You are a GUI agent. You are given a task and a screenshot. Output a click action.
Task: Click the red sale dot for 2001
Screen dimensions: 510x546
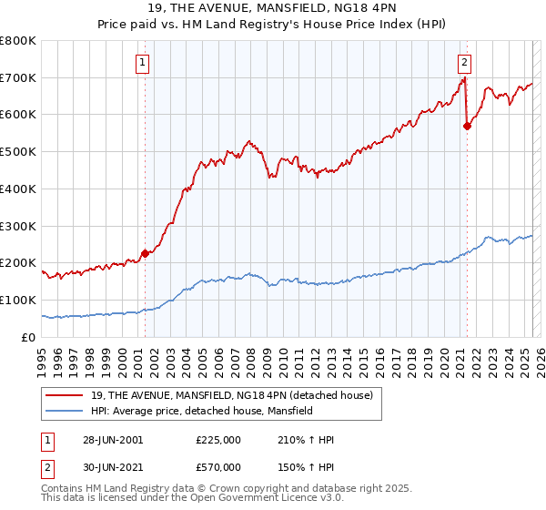coord(145,254)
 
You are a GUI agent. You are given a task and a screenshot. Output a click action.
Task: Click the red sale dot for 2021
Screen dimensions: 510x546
coord(467,127)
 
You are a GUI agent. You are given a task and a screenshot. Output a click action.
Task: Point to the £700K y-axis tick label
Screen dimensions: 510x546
coord(19,77)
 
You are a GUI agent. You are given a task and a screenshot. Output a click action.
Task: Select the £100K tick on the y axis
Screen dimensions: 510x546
coord(19,300)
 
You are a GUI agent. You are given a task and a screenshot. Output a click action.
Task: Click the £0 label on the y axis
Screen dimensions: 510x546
coord(27,337)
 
